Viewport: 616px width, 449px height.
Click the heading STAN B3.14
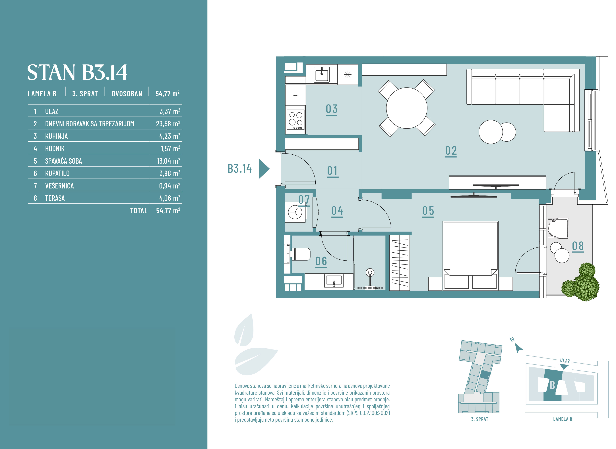click(77, 73)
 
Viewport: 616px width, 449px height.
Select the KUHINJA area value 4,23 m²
click(169, 136)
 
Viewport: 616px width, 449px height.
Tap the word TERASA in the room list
click(55, 198)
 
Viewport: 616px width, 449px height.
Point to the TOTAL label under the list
click(139, 211)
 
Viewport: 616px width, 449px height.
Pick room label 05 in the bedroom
click(428, 211)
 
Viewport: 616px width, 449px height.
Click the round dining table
click(406, 108)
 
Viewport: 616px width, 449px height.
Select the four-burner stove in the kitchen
click(296, 120)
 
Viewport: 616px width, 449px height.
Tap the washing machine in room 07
click(295, 212)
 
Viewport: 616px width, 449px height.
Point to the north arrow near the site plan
click(519, 348)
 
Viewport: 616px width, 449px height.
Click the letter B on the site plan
click(552, 385)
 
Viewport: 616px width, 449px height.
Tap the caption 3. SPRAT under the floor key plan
click(480, 419)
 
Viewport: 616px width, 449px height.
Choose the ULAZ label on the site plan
click(565, 361)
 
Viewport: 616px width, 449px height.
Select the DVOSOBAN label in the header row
click(127, 94)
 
